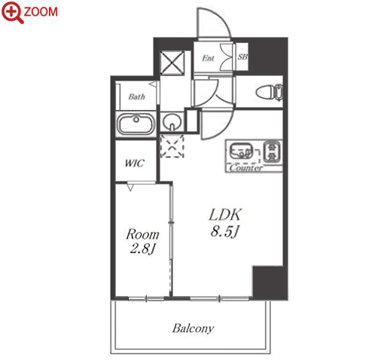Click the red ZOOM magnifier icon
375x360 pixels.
(12, 12)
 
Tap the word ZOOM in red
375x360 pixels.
(41, 12)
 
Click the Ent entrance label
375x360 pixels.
(208, 58)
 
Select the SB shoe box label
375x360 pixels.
(242, 57)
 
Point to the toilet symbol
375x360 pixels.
(270, 92)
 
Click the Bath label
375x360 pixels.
(136, 96)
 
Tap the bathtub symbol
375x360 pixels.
(136, 124)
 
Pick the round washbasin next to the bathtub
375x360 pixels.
(172, 122)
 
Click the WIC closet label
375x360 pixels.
(135, 163)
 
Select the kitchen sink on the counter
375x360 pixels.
(241, 151)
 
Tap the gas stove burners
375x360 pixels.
(272, 151)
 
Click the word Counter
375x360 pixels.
(246, 167)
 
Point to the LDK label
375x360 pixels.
(225, 215)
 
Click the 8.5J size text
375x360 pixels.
(224, 231)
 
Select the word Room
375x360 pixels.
(142, 234)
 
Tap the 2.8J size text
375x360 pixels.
(142, 249)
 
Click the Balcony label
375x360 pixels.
(193, 328)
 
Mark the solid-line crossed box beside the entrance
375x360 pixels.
(172, 63)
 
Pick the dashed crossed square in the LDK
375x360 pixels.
(172, 146)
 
